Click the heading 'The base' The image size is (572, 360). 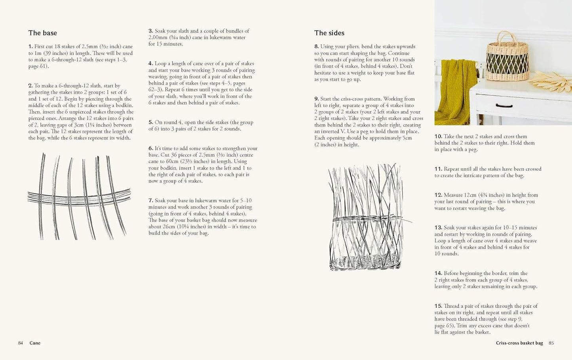[42, 33]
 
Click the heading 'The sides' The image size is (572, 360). [329, 33]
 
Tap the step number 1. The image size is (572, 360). [30, 47]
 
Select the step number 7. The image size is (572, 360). [150, 201]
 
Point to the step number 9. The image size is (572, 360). [316, 99]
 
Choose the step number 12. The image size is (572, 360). [438, 195]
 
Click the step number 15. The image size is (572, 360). [438, 306]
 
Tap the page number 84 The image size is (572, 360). [21, 343]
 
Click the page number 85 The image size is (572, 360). [551, 343]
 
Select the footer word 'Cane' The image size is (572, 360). [35, 343]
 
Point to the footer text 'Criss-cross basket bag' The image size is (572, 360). [519, 343]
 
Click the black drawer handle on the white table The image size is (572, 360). [504, 106]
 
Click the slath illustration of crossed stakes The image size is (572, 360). [79, 196]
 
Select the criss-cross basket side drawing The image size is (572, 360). [365, 217]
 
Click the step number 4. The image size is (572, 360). [150, 63]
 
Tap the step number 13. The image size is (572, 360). [438, 227]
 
